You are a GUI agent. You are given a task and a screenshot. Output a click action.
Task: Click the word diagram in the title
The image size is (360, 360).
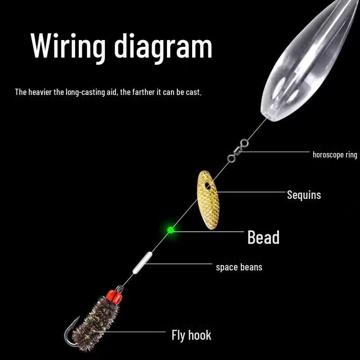coord(163,48)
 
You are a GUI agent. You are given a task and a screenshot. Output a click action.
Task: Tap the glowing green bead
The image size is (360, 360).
coord(171,230)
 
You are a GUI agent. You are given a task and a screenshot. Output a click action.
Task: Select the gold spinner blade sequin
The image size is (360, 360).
coord(208,200)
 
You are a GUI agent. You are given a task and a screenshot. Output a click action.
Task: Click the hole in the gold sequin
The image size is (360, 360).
coord(208,186)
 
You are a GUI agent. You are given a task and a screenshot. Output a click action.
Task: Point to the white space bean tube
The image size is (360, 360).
coord(142,263)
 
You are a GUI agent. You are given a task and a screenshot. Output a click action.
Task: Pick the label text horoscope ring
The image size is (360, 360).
coord(335,155)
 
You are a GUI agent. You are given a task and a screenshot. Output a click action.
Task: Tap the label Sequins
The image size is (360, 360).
coord(304,195)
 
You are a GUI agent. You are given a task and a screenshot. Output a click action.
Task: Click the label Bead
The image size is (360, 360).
coord(264,237)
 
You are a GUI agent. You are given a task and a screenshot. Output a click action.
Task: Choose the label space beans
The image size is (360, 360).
coord(239,267)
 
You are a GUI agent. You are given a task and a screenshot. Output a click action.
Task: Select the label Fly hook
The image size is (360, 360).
coord(191,335)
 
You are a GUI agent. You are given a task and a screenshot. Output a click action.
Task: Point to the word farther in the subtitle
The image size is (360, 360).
coord(144,92)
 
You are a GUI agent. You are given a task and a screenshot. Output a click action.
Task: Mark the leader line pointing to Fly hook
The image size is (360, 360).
coord(130,332)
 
